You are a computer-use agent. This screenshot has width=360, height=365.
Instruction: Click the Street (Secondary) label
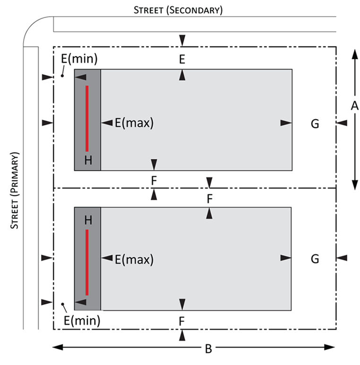tap(178, 9)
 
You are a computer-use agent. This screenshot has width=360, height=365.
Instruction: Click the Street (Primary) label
tap(15, 190)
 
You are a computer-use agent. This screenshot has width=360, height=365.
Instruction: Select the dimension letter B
tap(208, 349)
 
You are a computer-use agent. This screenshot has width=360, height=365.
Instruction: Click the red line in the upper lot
tap(87, 118)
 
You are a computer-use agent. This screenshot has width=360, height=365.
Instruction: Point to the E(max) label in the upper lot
tap(135, 123)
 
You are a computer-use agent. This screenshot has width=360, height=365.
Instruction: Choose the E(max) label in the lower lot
tap(135, 259)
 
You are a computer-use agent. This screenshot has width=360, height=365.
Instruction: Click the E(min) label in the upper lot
tap(79, 59)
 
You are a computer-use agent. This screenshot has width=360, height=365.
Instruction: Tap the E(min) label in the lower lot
tap(82, 322)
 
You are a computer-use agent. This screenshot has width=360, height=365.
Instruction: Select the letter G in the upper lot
tap(315, 124)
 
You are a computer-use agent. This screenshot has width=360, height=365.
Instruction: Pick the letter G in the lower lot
tap(315, 259)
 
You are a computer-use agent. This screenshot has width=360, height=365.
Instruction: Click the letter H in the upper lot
tap(88, 160)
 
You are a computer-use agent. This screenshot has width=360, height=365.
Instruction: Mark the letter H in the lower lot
tap(88, 219)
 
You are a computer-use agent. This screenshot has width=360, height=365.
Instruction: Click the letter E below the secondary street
tap(182, 59)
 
